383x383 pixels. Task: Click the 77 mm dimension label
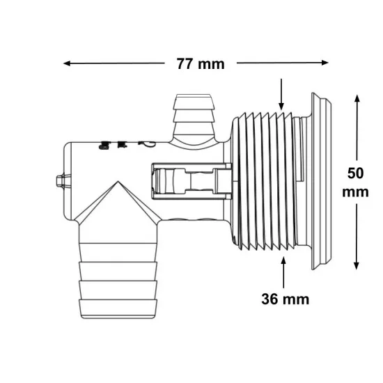point(201,64)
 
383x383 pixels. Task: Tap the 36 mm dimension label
point(285,299)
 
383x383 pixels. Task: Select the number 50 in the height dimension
point(355,173)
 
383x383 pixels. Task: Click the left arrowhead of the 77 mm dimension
point(67,63)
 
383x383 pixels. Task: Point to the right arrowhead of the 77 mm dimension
point(325,63)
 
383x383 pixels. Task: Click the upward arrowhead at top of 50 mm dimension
point(357,98)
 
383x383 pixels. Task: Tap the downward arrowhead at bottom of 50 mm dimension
point(357,266)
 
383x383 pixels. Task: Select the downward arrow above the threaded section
point(281,94)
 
